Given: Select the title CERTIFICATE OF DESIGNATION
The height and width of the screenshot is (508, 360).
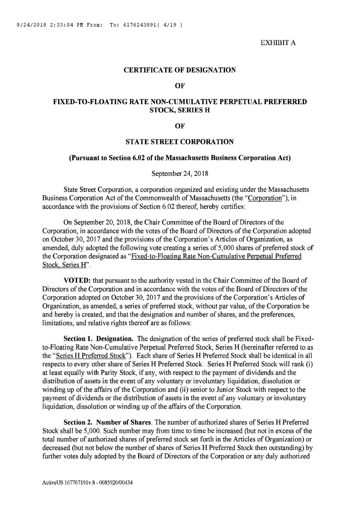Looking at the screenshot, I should coord(180,70).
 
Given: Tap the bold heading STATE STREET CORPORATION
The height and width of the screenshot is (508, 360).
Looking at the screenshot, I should coord(180,142).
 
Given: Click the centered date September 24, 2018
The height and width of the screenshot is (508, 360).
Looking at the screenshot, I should coord(180,174).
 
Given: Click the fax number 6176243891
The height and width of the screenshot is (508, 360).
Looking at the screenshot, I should coord(135,25).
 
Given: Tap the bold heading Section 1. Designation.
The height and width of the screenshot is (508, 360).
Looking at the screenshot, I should coord(99,339).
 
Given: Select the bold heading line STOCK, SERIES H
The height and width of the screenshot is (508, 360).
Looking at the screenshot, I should coord(180,110).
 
